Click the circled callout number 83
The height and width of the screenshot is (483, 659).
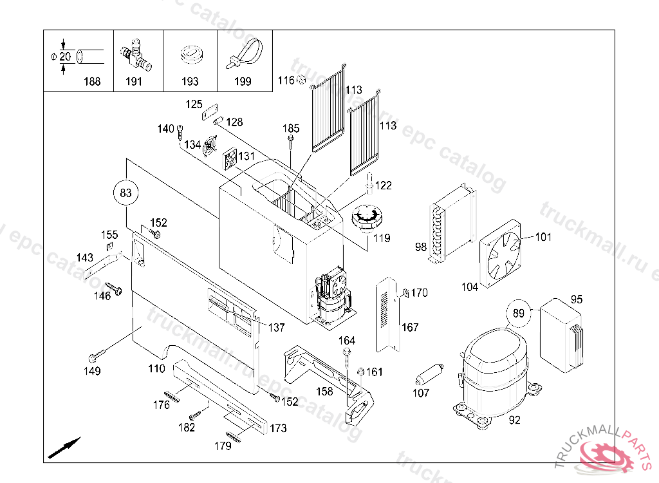coord(125,193)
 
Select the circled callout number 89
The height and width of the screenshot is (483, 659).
coord(519,314)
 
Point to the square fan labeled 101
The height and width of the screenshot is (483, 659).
coord(501,254)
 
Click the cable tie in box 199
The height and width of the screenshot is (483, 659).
coord(245,53)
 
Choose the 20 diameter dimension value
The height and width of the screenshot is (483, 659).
coord(65,57)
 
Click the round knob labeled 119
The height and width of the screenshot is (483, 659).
coord(367,218)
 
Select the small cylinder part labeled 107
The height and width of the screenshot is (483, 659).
coord(429,374)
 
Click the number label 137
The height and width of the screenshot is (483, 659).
coord(277,327)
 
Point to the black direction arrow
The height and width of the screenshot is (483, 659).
coord(64,448)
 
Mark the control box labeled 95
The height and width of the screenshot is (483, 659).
coord(561,336)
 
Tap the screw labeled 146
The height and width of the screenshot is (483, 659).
coord(114,289)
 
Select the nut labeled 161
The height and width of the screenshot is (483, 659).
coord(360,372)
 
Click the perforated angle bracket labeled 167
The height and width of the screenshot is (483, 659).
coord(387,315)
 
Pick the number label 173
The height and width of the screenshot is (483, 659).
coord(278,428)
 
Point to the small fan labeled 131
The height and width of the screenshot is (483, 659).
coord(230,159)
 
